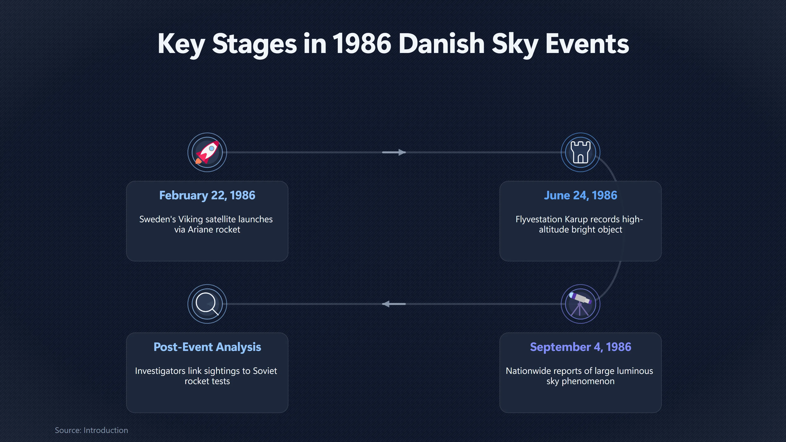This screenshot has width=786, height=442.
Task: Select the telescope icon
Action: pos(580,304)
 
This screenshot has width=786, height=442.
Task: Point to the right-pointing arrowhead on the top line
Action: pos(402,152)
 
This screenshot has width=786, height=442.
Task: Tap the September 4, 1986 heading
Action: pos(580,347)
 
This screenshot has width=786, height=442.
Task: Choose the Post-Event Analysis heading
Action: pos(207,347)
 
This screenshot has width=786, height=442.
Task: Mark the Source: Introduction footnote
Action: pos(91,430)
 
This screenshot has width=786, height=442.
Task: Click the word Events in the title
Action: pos(587,44)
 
